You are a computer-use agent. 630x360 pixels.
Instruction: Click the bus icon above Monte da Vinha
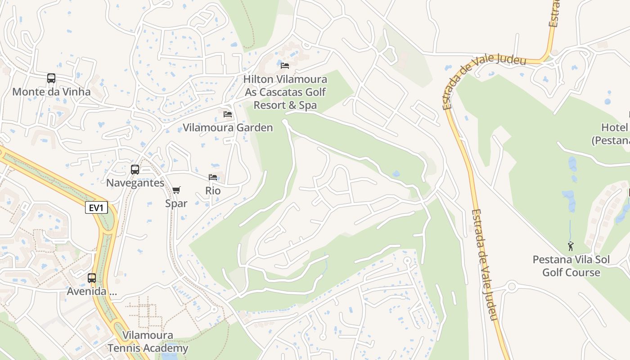51,78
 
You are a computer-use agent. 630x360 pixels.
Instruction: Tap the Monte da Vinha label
51,92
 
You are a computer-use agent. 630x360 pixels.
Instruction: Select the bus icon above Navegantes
135,170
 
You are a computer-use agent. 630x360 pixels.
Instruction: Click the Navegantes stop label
135,183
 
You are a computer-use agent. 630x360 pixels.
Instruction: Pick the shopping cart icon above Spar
176,190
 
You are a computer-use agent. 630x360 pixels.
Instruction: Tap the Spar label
176,203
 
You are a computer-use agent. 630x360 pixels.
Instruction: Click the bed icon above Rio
213,177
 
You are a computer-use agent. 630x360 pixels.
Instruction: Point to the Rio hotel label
213,190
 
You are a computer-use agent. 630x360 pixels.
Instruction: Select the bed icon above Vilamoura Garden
228,114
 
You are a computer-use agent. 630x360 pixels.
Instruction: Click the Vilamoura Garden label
228,127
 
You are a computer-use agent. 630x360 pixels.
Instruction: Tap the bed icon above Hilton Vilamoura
285,66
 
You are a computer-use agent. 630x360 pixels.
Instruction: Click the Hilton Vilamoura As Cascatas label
285,92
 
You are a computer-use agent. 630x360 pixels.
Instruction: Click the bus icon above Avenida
92,278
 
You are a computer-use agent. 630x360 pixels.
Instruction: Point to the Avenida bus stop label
92,291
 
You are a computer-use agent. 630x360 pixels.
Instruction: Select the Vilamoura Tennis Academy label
148,342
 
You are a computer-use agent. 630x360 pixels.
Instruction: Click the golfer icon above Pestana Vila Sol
571,246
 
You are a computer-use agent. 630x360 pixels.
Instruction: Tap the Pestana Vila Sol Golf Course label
571,266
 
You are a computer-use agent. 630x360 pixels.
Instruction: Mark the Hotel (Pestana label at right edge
611,134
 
